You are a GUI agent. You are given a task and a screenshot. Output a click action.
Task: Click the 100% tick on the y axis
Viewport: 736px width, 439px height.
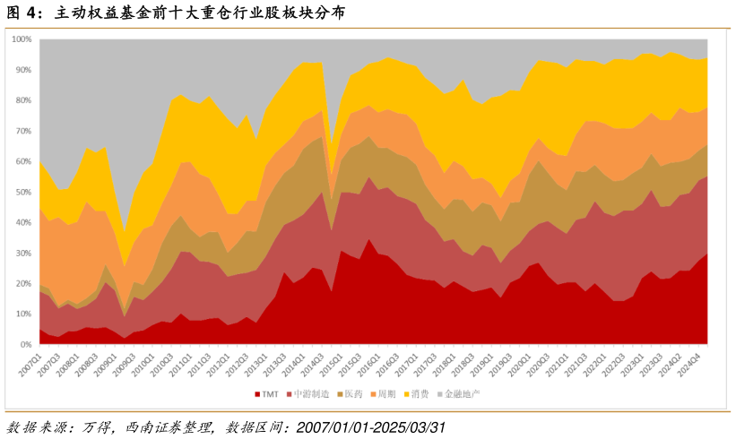22,40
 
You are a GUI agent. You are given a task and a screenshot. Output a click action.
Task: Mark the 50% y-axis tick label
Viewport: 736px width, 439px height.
23,192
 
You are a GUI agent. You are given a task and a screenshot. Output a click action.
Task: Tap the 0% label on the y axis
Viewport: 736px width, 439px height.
26,344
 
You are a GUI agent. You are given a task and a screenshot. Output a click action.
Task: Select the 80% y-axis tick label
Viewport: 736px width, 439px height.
23,100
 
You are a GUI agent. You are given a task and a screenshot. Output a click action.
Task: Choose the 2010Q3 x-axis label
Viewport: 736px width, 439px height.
161,364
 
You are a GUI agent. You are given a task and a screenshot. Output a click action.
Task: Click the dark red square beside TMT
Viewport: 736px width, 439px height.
257,393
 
